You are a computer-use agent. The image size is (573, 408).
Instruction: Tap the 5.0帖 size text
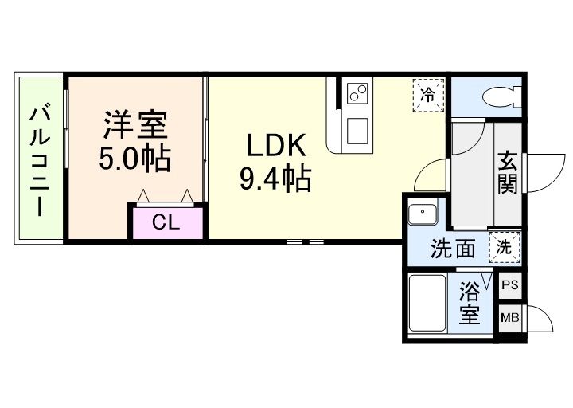pos(134,159)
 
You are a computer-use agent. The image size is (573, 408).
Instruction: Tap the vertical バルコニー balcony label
pos(37,160)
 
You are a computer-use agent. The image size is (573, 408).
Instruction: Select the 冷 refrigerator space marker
pos(428,96)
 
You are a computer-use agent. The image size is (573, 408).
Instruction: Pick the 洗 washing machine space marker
pos(505,246)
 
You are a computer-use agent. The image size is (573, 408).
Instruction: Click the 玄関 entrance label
pos(508,172)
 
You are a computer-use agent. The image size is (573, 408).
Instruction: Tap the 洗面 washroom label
pos(453,249)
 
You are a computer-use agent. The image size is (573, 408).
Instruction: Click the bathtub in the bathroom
pos(427,304)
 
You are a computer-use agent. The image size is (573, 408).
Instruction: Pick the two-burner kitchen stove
pos(356,93)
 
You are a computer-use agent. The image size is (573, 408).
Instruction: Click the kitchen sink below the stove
pos(356,128)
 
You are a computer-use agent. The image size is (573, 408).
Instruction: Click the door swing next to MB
pos(540,320)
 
